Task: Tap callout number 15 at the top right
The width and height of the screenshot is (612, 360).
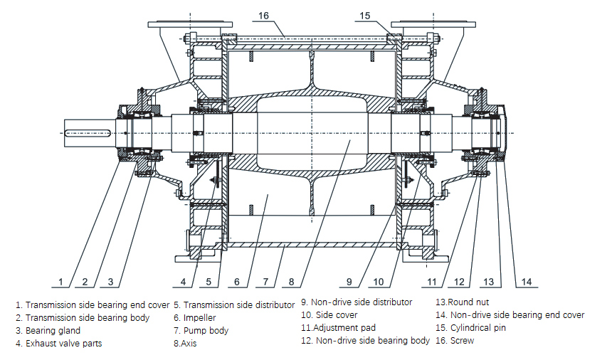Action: pos(365,16)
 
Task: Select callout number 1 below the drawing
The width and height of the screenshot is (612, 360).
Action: pos(61,282)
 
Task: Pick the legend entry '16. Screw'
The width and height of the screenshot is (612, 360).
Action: pos(455,341)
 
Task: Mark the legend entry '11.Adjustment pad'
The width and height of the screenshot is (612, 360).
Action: pos(338,328)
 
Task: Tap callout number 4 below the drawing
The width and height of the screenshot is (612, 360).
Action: pos(183,282)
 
